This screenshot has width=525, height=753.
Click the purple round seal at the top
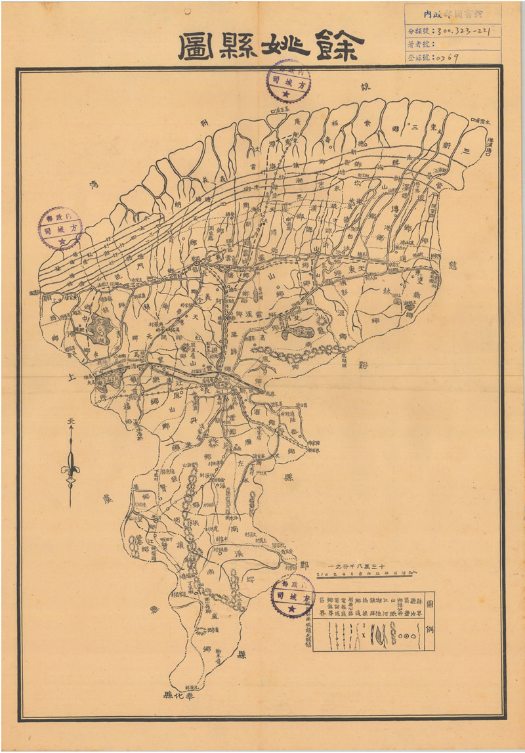click(x=288, y=81)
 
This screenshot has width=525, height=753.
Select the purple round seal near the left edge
click(x=60, y=228)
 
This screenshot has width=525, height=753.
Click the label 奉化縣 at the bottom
click(x=176, y=694)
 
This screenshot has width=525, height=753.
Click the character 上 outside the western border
click(x=72, y=377)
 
